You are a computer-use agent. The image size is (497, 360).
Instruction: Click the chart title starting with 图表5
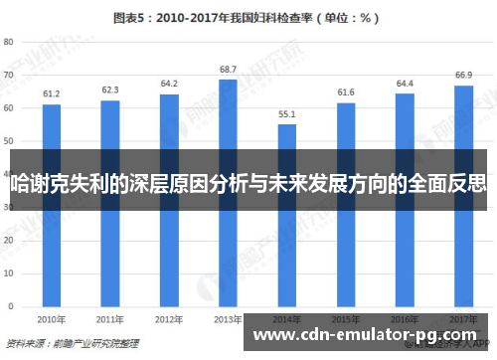point(248,17)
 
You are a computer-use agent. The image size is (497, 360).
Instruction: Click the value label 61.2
point(51,94)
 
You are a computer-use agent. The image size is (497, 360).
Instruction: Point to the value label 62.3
point(109,90)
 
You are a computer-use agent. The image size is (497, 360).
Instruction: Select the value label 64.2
point(169,84)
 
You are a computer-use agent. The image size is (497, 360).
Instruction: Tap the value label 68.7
point(228,69)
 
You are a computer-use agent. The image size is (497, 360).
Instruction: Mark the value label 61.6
point(345,92)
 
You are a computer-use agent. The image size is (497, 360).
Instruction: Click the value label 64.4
point(405,83)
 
